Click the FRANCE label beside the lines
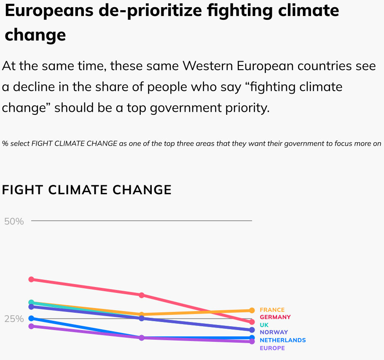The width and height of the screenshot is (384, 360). [x=272, y=310]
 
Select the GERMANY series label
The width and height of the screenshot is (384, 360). [x=275, y=317]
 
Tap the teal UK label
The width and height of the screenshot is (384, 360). [x=264, y=325]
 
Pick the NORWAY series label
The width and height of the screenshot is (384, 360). [x=274, y=332]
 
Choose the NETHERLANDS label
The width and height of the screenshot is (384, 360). [x=282, y=340]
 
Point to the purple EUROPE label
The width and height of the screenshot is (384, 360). [x=272, y=348]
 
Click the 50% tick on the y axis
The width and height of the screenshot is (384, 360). [x=14, y=221]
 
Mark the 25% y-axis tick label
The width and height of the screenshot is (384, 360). [x=14, y=319]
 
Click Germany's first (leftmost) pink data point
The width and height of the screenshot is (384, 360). [x=31, y=279]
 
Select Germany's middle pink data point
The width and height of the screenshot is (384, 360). [x=142, y=295]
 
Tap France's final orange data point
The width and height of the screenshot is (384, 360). [x=252, y=310]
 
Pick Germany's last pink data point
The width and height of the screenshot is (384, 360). [x=252, y=322]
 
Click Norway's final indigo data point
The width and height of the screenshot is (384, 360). [x=252, y=330]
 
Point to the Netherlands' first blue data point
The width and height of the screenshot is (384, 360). [x=31, y=318]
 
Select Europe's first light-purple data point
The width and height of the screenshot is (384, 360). [x=31, y=326]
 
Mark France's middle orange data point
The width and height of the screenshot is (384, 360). [x=142, y=314]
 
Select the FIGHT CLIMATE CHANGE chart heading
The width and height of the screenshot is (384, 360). [x=87, y=190]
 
